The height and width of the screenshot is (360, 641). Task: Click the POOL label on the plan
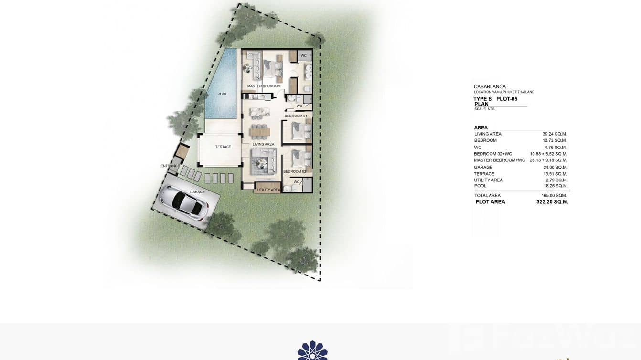(x=222, y=94)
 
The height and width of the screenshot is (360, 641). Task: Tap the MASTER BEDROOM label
(x=264, y=86)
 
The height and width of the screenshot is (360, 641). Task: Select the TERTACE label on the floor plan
(x=223, y=147)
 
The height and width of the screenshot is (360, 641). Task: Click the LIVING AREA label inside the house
(x=263, y=144)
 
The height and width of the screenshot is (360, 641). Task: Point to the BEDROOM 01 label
(x=296, y=116)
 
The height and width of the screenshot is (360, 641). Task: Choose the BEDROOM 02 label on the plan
(x=294, y=171)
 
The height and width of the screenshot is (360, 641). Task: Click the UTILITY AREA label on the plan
(x=268, y=190)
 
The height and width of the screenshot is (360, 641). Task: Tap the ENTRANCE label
(x=170, y=166)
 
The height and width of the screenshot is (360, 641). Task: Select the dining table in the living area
(x=259, y=131)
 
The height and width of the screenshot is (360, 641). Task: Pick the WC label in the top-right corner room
(x=303, y=56)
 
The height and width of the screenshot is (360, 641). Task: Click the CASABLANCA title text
(x=490, y=87)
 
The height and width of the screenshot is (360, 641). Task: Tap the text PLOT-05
(x=507, y=99)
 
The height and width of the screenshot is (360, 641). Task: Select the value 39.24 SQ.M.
(x=555, y=134)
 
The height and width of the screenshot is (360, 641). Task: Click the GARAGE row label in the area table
(x=483, y=168)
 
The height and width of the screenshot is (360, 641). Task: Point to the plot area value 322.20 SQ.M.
(x=552, y=202)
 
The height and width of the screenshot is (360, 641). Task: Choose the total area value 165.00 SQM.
(x=554, y=195)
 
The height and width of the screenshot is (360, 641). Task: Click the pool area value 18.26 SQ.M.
(x=555, y=186)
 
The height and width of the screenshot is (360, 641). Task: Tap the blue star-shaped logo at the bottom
(x=312, y=351)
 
